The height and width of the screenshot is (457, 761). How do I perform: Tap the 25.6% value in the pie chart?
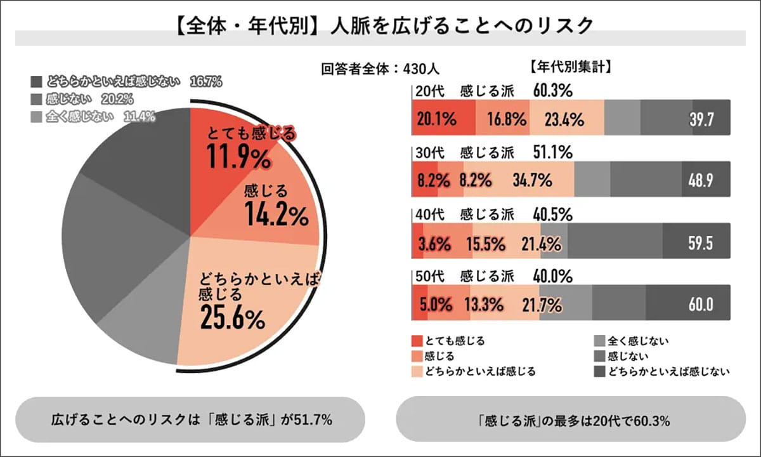tap(231, 319)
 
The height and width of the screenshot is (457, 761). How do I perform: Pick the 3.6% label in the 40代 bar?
tap(434, 243)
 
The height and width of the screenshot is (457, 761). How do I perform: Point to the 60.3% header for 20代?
tap(552, 91)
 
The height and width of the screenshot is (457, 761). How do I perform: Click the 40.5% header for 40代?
tap(552, 214)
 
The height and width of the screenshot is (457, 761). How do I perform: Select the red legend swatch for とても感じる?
tap(417, 341)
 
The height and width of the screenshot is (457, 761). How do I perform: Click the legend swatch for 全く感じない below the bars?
tap(599, 341)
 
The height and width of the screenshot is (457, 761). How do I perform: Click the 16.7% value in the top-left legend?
tap(205, 82)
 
